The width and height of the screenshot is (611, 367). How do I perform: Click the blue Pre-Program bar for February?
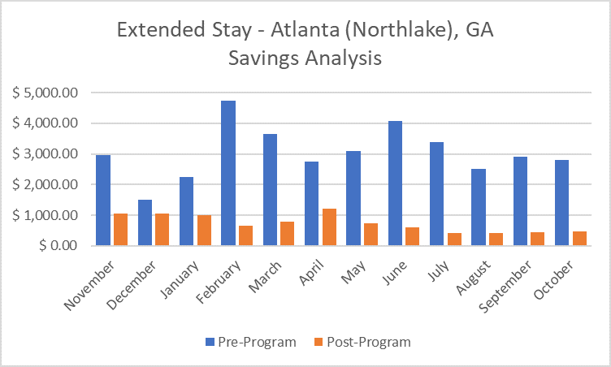(x=228, y=173)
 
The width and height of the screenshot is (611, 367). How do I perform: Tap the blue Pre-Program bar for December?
(x=145, y=222)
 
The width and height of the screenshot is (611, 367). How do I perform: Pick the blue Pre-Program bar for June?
(x=395, y=183)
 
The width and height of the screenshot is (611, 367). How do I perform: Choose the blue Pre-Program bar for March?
(x=270, y=189)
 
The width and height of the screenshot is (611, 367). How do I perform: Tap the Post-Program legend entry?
(x=362, y=342)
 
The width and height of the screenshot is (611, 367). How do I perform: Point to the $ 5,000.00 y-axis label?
(x=45, y=93)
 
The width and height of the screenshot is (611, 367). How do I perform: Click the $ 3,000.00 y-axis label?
(x=45, y=153)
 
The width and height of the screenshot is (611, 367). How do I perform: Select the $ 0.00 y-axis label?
(x=56, y=245)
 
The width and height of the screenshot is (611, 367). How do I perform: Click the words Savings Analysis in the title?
(x=305, y=58)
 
